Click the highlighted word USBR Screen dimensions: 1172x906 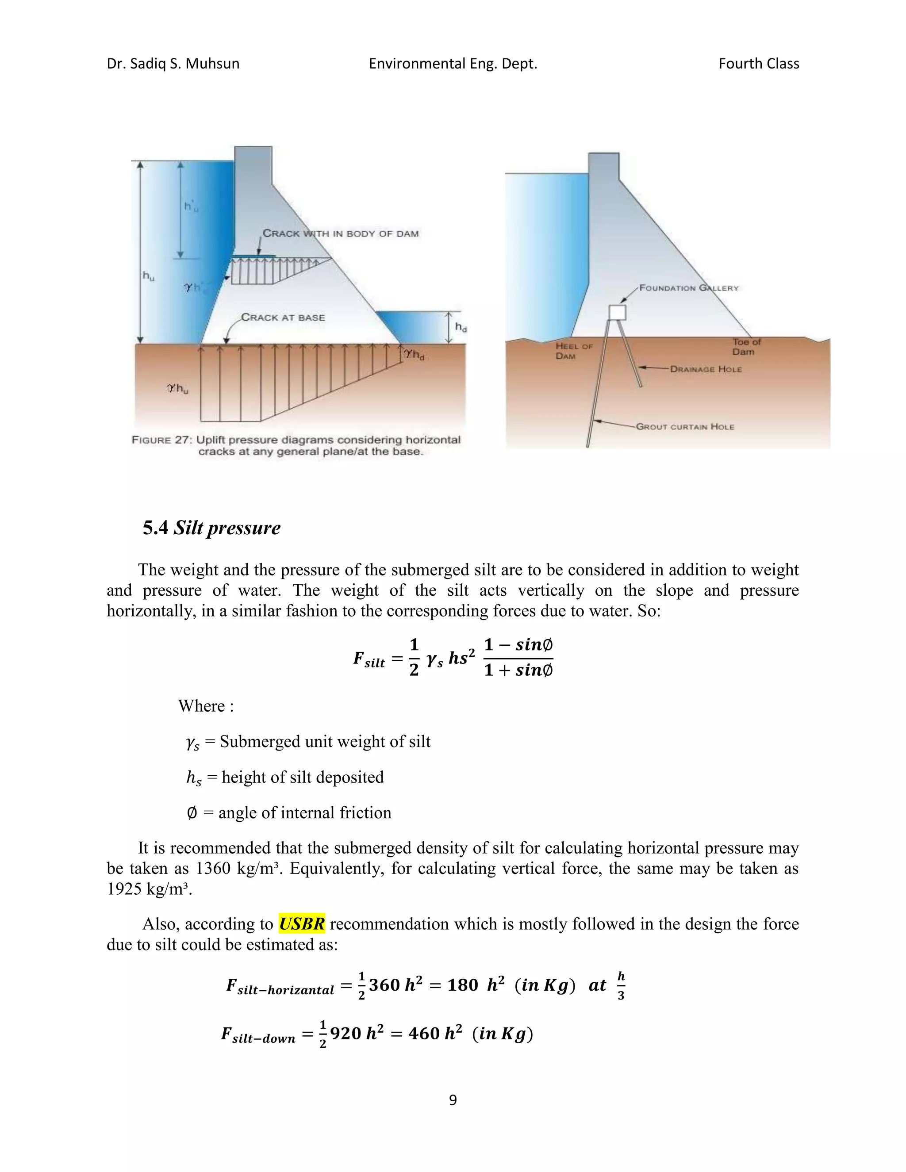tap(302, 923)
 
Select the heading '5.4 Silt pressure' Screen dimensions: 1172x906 tap(211, 528)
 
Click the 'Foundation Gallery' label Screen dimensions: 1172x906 tap(689, 288)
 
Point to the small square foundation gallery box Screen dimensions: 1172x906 tap(617, 312)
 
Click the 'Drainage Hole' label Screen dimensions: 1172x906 tap(706, 369)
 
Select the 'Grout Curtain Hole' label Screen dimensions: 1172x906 tap(685, 427)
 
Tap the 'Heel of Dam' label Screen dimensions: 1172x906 tap(573, 351)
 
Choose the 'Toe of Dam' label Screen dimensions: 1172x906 tap(746, 347)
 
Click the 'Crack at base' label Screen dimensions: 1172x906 tap(283, 318)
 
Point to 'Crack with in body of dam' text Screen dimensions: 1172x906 tap(340, 234)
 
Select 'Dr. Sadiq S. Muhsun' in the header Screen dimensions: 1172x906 tap(173, 64)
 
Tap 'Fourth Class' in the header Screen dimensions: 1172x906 tap(758, 64)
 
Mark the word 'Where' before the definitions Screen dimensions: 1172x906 tap(202, 706)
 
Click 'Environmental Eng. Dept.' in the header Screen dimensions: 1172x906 tap(453, 64)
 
